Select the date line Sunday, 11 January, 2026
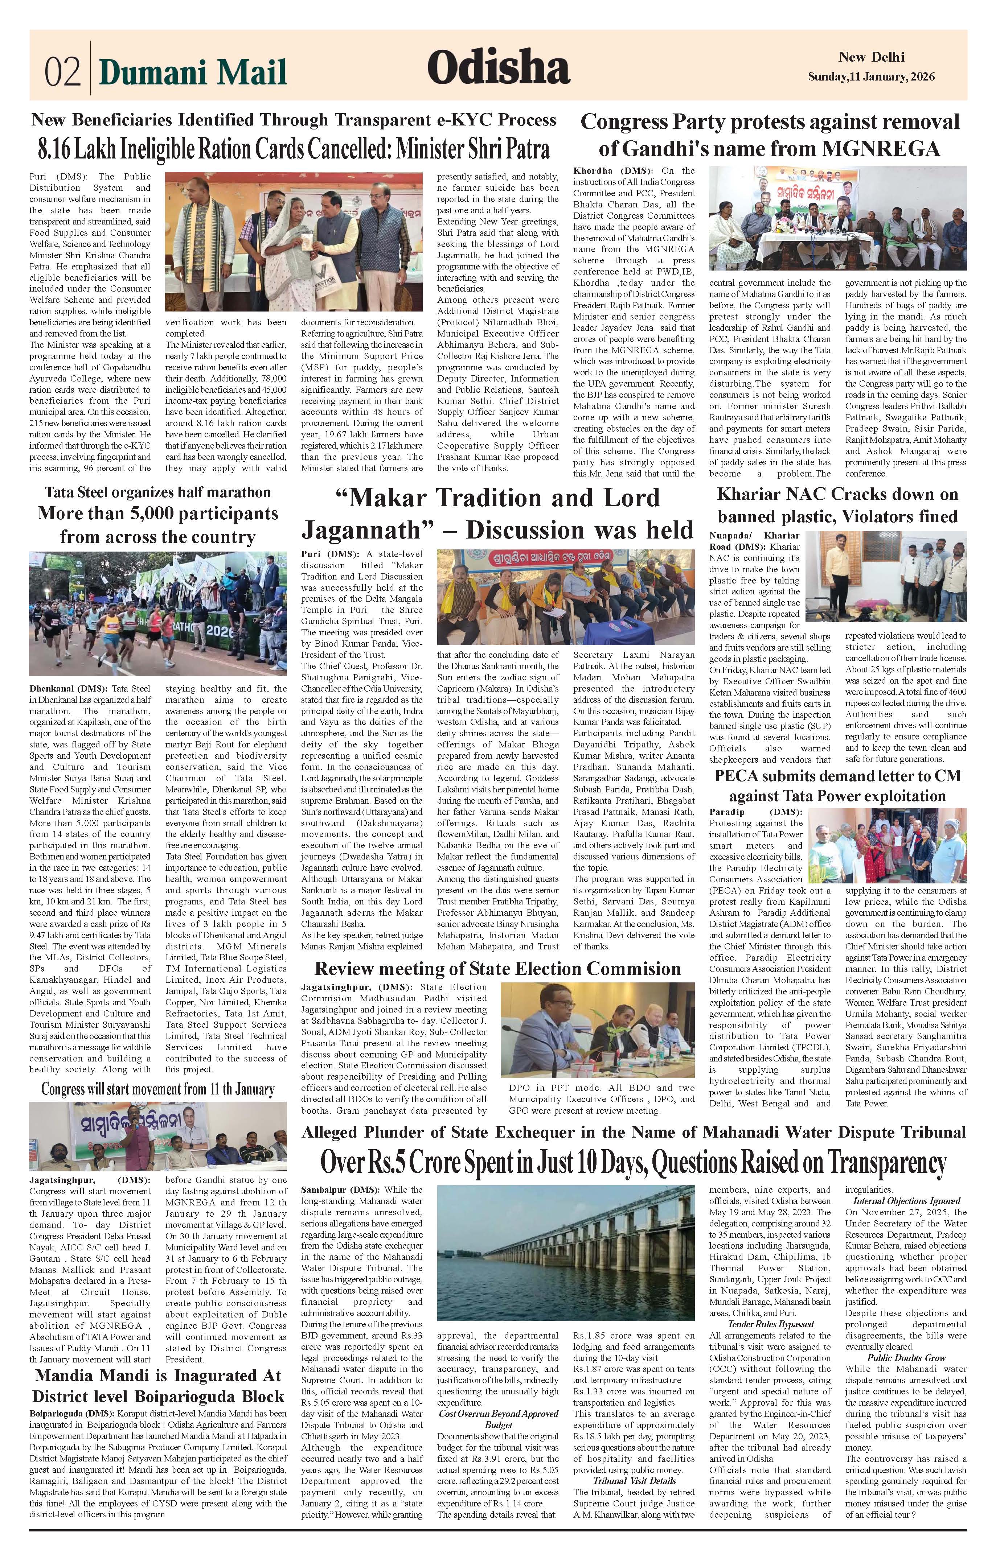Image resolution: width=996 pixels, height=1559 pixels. (871, 77)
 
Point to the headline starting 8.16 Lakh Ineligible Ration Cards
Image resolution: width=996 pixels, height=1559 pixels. (294, 149)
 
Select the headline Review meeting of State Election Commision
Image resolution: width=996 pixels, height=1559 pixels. (497, 969)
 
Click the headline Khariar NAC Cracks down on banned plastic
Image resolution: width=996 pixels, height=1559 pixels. (837, 505)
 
